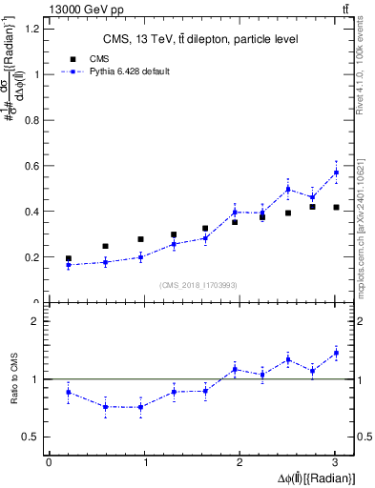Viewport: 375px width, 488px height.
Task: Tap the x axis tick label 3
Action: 336,462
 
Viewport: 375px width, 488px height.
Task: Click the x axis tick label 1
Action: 145,462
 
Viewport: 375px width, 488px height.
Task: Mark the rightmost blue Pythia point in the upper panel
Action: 336,172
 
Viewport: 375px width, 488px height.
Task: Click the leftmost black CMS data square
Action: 68,258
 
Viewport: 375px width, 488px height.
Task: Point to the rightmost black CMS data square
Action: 336,207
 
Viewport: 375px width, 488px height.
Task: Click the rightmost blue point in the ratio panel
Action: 336,353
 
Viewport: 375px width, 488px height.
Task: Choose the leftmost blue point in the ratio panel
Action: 68,392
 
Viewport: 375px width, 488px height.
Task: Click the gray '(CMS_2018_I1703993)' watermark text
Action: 198,285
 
